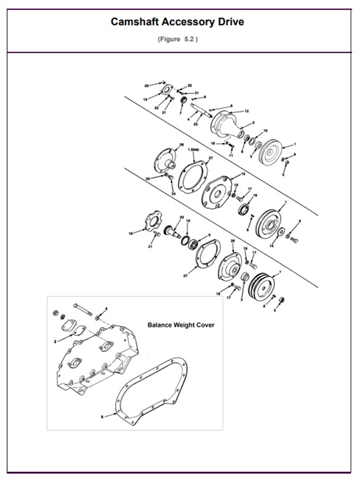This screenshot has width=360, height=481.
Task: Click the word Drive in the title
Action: tap(227, 22)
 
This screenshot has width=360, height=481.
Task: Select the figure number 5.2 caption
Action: tap(179, 39)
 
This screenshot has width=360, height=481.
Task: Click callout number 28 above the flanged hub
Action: tap(182, 144)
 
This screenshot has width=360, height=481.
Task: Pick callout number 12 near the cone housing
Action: tap(247, 111)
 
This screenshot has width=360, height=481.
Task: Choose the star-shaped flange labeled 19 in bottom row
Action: tap(149, 224)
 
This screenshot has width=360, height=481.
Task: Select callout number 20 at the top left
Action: tap(147, 86)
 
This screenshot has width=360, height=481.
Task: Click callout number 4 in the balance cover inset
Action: tap(106, 309)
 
